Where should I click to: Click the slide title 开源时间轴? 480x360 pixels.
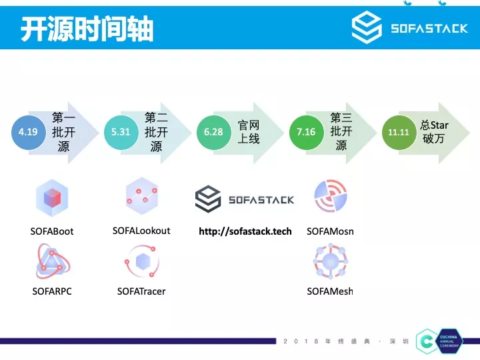87,29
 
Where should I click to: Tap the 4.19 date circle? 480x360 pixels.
28,132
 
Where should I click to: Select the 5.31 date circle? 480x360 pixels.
121,132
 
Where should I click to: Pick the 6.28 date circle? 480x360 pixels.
213,132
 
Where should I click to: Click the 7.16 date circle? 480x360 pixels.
306,132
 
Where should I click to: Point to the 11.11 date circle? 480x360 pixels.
399,132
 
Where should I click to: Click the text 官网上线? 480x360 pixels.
249,132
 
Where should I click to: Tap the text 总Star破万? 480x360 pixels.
434,132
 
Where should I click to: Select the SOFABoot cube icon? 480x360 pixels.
52,198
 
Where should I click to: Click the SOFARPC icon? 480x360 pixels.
52,262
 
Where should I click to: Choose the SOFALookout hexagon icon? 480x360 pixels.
141,195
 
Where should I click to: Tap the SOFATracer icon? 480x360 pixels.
141,262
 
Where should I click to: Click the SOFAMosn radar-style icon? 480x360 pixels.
330,197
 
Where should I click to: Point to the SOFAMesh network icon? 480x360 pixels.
330,262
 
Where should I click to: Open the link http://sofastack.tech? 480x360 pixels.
245,231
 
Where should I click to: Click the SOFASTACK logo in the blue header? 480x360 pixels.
409,28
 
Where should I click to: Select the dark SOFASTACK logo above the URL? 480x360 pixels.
244,199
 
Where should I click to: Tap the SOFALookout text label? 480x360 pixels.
141,231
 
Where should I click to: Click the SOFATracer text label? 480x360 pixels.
141,291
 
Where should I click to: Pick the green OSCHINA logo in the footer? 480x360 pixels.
427,341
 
